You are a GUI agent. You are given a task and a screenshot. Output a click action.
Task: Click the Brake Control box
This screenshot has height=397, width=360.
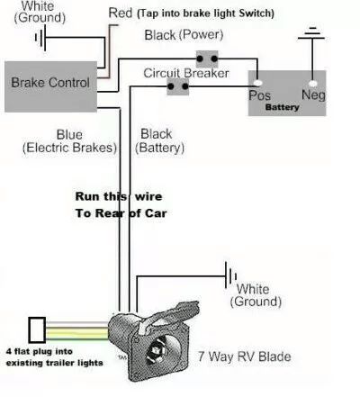(x=50, y=86)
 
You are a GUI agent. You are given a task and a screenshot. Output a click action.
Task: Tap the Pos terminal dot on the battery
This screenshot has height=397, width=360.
(x=257, y=83)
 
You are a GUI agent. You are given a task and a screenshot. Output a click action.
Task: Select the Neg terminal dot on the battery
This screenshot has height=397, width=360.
(x=313, y=83)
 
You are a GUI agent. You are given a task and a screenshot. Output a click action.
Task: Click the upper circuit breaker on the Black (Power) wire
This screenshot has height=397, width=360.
(x=207, y=59)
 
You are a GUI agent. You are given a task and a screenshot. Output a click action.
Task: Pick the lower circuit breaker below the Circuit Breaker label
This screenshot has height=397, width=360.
(x=178, y=86)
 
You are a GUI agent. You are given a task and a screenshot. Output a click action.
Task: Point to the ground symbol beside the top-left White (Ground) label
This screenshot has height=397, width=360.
(x=40, y=38)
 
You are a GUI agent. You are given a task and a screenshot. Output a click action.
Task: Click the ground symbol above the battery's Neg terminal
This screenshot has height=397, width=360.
(x=311, y=33)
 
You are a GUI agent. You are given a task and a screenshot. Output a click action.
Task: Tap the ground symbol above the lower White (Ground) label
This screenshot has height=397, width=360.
(x=230, y=275)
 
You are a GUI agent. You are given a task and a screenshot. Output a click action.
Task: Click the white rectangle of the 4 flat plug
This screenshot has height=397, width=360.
(x=37, y=330)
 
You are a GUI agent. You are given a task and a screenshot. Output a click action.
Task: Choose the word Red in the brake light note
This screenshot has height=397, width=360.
(x=120, y=13)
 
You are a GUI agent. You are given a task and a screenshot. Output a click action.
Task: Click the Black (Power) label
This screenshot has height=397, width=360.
(x=184, y=35)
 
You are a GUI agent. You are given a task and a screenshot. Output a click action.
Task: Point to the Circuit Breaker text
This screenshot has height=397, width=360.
(x=186, y=73)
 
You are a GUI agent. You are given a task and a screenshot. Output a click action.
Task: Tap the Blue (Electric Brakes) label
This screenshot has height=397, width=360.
(x=69, y=141)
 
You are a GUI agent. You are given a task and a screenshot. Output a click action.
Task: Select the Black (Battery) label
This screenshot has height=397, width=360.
(x=159, y=141)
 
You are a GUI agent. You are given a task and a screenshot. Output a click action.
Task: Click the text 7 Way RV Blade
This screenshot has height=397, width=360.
(x=245, y=356)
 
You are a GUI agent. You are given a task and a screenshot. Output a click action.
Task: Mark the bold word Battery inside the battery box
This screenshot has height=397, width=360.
(x=282, y=107)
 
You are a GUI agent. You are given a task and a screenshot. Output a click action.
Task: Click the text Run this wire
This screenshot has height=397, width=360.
(x=119, y=196)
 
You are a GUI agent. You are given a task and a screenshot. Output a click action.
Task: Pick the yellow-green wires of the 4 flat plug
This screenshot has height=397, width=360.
(x=77, y=330)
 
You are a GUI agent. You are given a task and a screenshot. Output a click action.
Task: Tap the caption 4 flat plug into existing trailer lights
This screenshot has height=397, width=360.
(x=54, y=357)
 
